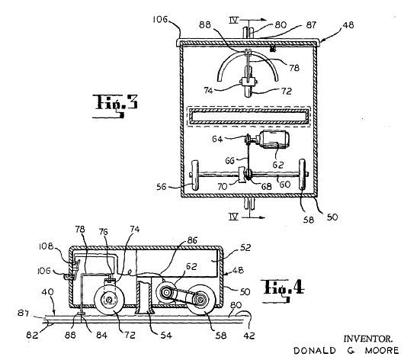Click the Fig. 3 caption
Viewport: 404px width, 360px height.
pyautogui.click(x=115, y=106)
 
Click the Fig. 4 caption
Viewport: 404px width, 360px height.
pyautogui.click(x=284, y=290)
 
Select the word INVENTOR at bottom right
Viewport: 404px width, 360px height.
pyautogui.click(x=368, y=339)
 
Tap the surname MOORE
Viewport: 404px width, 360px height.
pyautogui.click(x=382, y=350)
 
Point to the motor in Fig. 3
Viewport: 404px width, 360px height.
pyautogui.click(x=274, y=140)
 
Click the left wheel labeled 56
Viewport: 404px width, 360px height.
pyautogui.click(x=195, y=175)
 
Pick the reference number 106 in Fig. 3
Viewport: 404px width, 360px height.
pyautogui.click(x=160, y=19)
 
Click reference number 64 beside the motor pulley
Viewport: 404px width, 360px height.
pyautogui.click(x=217, y=140)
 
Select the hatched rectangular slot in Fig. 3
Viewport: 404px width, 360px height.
pyautogui.click(x=248, y=116)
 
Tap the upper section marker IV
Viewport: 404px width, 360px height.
pyautogui.click(x=234, y=20)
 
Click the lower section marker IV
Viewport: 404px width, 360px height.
pyautogui.click(x=234, y=217)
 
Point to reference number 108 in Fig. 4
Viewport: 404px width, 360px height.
pyautogui.click(x=46, y=246)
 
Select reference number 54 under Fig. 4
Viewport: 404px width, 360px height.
pyautogui.click(x=166, y=336)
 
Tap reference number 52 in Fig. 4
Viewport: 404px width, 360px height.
pyautogui.click(x=245, y=248)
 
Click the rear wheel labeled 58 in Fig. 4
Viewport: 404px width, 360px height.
pyautogui.click(x=200, y=300)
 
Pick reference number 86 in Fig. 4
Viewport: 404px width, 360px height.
pyautogui.click(x=192, y=240)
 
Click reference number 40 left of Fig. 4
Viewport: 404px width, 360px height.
pyautogui.click(x=48, y=292)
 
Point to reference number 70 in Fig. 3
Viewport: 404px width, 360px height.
pyautogui.click(x=222, y=186)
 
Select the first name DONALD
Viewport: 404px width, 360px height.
pyautogui.click(x=315, y=350)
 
